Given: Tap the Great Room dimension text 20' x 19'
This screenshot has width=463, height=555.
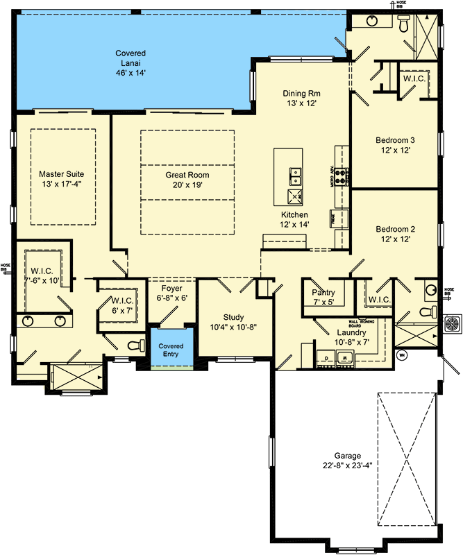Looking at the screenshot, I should tap(187, 185).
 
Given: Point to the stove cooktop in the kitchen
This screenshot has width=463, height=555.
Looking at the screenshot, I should tap(342, 176).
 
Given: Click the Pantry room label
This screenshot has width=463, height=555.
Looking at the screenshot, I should tap(323, 292).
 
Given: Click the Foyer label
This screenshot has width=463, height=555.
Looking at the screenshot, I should tap(171, 288).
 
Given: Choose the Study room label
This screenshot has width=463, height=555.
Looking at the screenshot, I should tap(233, 317).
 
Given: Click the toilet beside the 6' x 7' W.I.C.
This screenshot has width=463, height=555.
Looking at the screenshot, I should tap(135, 345).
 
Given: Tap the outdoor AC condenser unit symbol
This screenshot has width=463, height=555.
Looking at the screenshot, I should tap(453, 323).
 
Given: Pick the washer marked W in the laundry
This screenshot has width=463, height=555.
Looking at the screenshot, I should tap(344, 358).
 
